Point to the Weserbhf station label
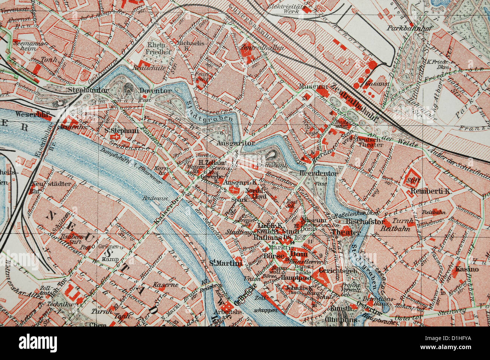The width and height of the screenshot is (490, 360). [34, 114]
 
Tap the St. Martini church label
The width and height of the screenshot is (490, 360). [226, 264]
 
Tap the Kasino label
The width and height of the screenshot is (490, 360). [467, 269]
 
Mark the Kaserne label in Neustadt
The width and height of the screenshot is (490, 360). [166, 285]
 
